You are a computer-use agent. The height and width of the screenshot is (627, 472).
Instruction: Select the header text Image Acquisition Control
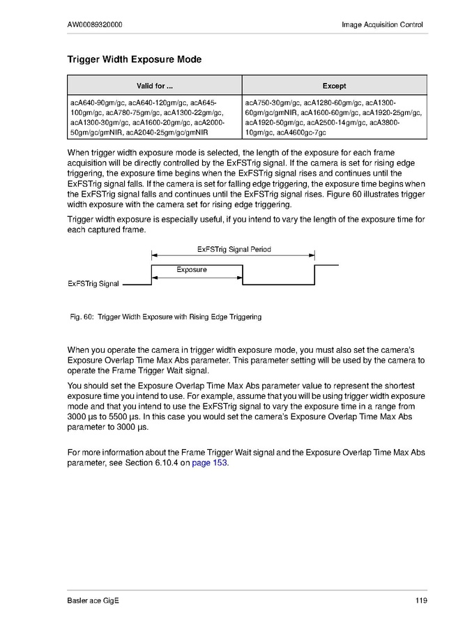tap(382, 25)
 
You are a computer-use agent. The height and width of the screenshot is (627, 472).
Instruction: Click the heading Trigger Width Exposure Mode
tap(134, 60)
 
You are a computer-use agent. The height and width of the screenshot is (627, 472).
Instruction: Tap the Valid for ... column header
tap(154, 86)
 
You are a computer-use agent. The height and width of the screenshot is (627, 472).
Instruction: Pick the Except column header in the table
tap(334, 86)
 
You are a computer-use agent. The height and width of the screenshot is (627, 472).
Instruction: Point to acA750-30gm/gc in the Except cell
tap(273, 102)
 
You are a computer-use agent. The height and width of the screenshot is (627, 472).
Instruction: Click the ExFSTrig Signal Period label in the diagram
tap(234, 249)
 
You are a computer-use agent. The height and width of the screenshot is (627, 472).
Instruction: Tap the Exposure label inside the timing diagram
tap(191, 269)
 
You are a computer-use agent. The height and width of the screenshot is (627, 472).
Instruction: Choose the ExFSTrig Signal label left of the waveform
tap(93, 284)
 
